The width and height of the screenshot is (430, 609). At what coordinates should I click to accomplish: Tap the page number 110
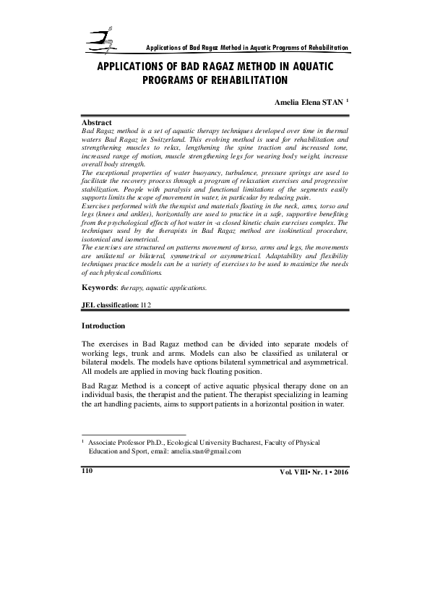click(89, 471)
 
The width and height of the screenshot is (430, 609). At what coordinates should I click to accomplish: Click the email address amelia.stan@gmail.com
click(205, 450)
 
